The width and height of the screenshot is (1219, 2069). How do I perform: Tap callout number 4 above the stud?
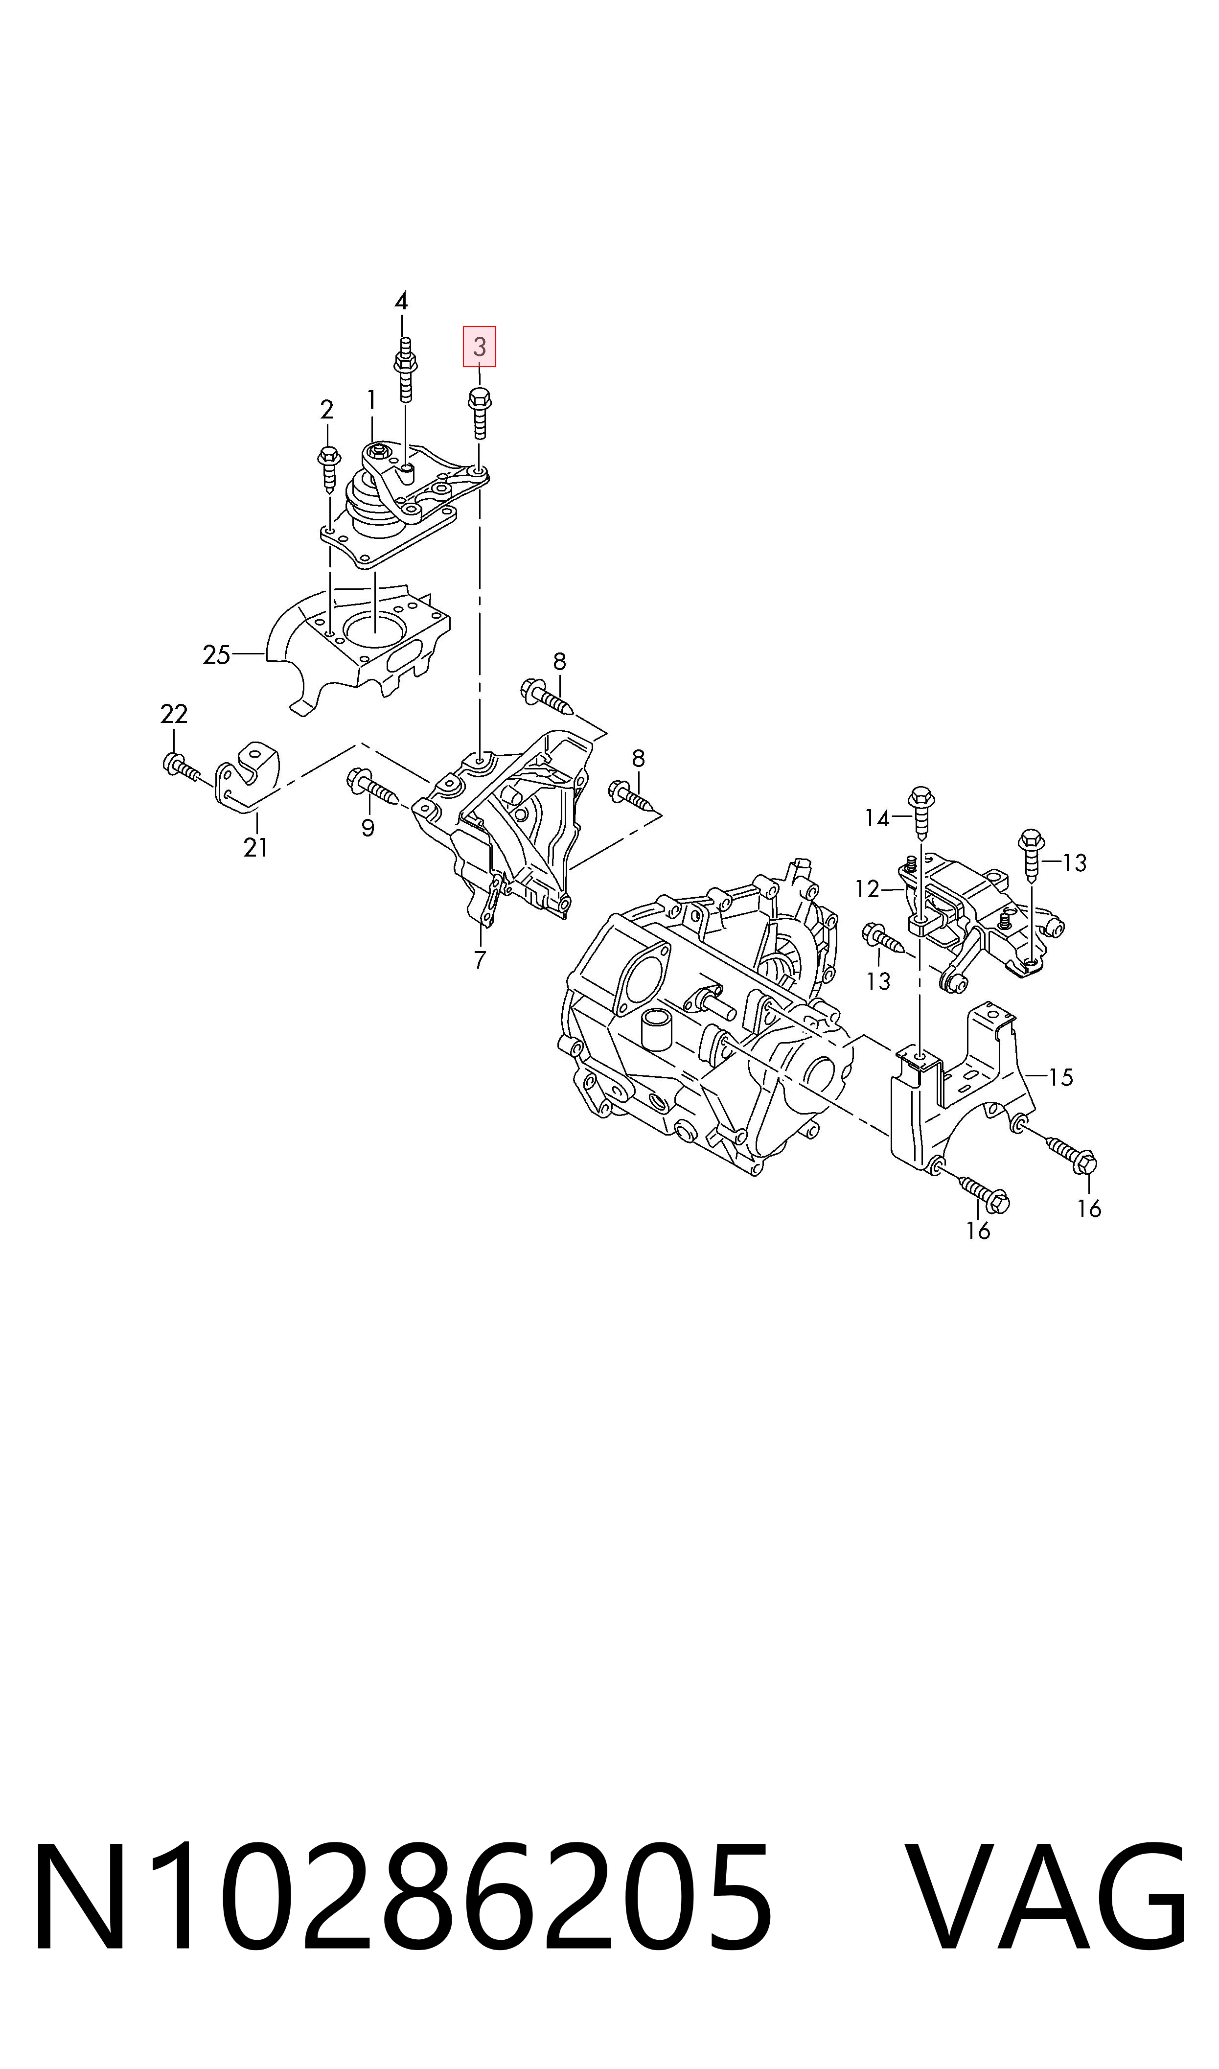point(401,302)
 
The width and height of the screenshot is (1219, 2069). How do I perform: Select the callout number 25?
point(217,654)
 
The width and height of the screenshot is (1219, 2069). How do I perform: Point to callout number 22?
point(174,714)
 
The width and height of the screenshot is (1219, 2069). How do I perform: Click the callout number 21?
point(255,847)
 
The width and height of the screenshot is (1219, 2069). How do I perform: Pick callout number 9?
point(368,828)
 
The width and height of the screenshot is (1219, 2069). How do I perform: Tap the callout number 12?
point(868,889)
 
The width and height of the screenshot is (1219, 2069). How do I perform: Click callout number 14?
point(877,818)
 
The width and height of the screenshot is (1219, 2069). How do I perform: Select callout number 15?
point(1061,1077)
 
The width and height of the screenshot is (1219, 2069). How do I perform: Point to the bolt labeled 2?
point(328,469)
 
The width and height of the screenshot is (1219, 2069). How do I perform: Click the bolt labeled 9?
point(373,787)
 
